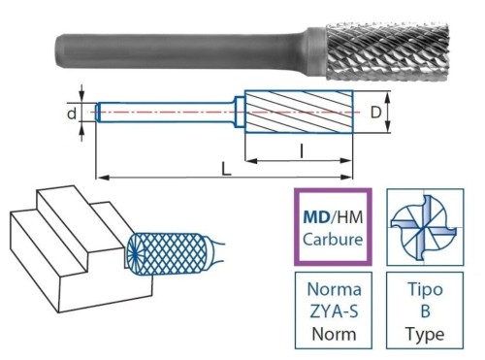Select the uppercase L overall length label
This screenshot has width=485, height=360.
(225, 169)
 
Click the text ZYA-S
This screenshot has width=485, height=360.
(332, 312)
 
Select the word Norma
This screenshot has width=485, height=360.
(332, 289)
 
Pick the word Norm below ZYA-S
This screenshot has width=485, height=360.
(332, 336)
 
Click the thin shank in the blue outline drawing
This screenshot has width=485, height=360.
(165, 113)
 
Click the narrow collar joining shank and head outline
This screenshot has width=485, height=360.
(239, 113)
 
